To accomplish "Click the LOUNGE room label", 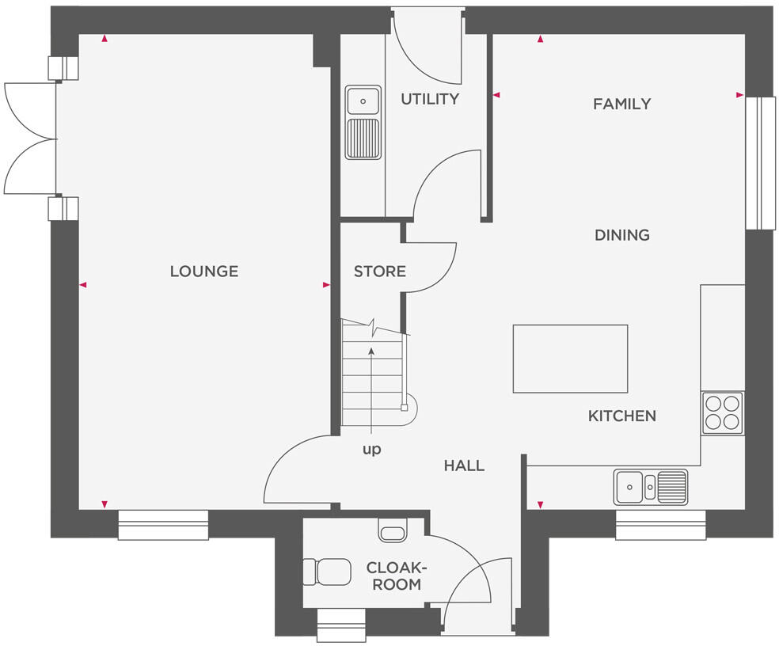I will click(x=203, y=272).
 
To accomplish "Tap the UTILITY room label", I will click(x=429, y=99).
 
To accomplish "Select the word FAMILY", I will click(x=621, y=104).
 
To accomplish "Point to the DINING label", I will click(x=621, y=235).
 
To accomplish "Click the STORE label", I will click(x=379, y=272).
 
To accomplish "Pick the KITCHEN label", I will click(x=621, y=416).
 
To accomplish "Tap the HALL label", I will click(x=464, y=466).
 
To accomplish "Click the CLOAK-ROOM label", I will click(x=396, y=576).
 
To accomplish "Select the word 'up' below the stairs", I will click(x=371, y=450).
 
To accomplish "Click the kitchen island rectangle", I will click(x=570, y=359).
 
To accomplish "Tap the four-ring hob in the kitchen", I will click(x=723, y=412).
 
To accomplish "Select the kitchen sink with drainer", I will click(x=650, y=486).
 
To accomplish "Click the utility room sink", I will click(x=363, y=123).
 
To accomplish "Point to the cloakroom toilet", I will click(x=332, y=572).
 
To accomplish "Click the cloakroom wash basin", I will click(x=393, y=530).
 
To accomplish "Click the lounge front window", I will click(x=163, y=525).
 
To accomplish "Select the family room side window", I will click(x=761, y=163).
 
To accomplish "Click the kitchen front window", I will click(x=660, y=525).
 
